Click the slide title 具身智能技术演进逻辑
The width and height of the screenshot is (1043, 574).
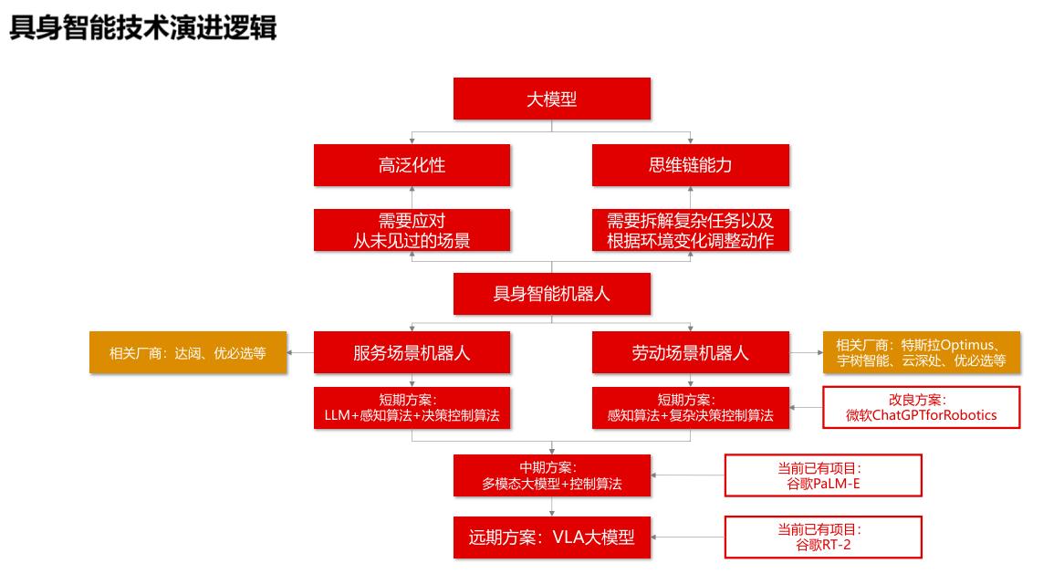coord(142,27)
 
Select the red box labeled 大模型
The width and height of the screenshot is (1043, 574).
coord(551,99)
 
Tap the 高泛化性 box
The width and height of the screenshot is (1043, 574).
coord(412,165)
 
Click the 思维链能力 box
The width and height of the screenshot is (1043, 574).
coord(690,165)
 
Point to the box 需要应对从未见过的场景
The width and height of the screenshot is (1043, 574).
coord(412,230)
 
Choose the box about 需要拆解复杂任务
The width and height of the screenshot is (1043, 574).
coord(690,230)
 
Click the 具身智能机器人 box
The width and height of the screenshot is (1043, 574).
coord(551,294)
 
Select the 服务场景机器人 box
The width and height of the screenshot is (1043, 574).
coord(412,352)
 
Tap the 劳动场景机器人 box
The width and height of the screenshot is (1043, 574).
coord(690,352)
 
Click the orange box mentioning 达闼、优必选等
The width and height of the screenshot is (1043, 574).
coord(188,352)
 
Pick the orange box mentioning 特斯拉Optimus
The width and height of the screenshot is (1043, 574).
coord(921,352)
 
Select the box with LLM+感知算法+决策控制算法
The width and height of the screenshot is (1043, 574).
coord(412,408)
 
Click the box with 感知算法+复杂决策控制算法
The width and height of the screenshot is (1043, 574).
coord(690,408)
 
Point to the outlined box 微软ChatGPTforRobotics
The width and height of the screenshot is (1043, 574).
coord(921,408)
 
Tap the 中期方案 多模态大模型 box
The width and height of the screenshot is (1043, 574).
coord(551,475)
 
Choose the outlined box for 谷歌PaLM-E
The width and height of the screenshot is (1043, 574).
coord(822,475)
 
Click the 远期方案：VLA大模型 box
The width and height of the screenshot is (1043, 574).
coord(551,537)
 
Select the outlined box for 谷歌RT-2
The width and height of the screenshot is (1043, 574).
coord(822,537)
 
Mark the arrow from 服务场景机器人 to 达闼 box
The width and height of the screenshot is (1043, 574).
coord(300,352)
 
